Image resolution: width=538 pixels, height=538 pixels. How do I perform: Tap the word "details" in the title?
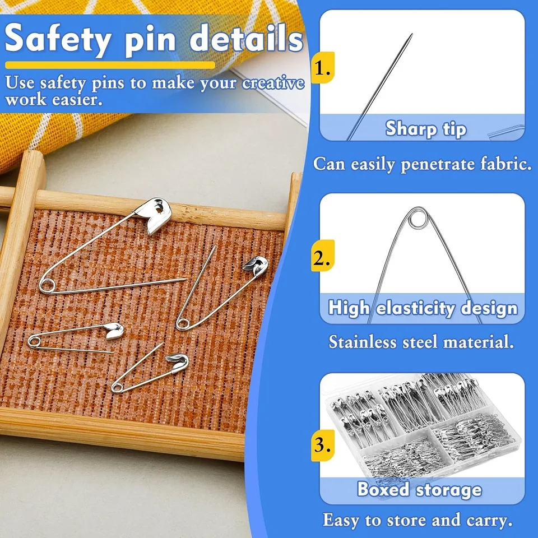click(247, 39)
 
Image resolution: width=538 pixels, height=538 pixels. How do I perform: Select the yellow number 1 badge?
click(322, 68)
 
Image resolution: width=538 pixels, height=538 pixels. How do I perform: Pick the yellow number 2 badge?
click(322, 258)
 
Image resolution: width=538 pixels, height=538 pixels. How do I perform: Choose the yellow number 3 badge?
click(322, 446)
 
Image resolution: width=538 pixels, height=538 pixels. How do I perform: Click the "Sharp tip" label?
click(425, 129)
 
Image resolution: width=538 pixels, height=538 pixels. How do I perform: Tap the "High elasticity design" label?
click(423, 308)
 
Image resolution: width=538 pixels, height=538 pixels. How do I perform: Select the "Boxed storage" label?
click(419, 489)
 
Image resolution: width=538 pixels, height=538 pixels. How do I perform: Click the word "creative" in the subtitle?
click(273, 83)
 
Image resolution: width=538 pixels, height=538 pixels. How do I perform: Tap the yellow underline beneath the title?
click(110, 65)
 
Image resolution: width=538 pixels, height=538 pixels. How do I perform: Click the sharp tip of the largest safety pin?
click(185, 279)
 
